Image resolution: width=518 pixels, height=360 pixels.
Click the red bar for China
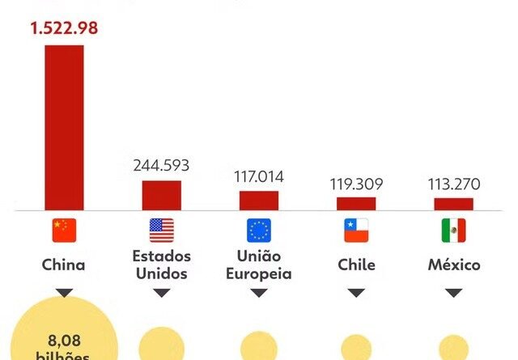pos(64,128)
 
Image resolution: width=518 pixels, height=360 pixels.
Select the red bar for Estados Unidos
pos(162,195)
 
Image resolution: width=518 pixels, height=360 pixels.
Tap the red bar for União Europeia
pos(259,201)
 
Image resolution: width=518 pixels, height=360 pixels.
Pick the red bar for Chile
pos(356,204)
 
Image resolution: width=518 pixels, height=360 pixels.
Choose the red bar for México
pos(453,204)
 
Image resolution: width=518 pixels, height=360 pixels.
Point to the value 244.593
pos(161,165)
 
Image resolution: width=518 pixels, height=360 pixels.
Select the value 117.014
pos(259,176)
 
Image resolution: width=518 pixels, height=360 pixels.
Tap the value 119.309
pos(356,183)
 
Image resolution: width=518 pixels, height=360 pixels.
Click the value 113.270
pos(453,183)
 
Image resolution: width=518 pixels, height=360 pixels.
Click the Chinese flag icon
pos(64,231)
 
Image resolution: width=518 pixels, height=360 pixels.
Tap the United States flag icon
pos(162,231)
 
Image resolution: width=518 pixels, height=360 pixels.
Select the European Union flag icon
pos(259,231)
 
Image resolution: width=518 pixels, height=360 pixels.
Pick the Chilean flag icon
pos(356,231)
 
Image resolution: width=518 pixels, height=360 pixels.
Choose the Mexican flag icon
pos(453,231)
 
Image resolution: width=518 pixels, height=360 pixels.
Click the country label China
pos(64,265)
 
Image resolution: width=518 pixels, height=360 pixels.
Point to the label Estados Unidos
pos(162,265)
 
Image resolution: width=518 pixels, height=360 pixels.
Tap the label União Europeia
pos(259,265)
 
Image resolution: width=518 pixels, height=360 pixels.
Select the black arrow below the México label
pos(453,292)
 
